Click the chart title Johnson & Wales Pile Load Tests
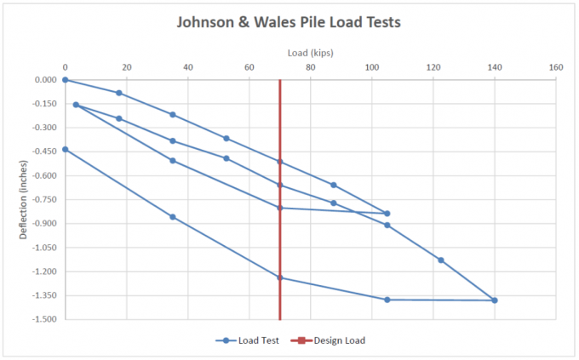click(x=288, y=23)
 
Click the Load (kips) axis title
click(x=311, y=53)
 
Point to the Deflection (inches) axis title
click(x=23, y=199)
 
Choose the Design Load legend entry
click(x=335, y=340)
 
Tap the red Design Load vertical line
click(x=280, y=247)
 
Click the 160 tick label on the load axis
click(x=556, y=67)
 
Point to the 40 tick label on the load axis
click(x=187, y=67)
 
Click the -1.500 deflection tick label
click(x=44, y=320)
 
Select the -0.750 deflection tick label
click(x=44, y=200)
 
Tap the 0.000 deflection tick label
click(x=46, y=80)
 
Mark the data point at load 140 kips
click(x=495, y=300)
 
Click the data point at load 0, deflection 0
click(x=65, y=80)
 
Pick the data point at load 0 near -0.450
click(x=65, y=150)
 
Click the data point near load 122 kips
click(x=441, y=260)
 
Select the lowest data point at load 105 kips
click(x=387, y=300)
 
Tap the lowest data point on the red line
click(x=280, y=277)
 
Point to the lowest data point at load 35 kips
click(x=173, y=217)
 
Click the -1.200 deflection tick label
click(x=44, y=272)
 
